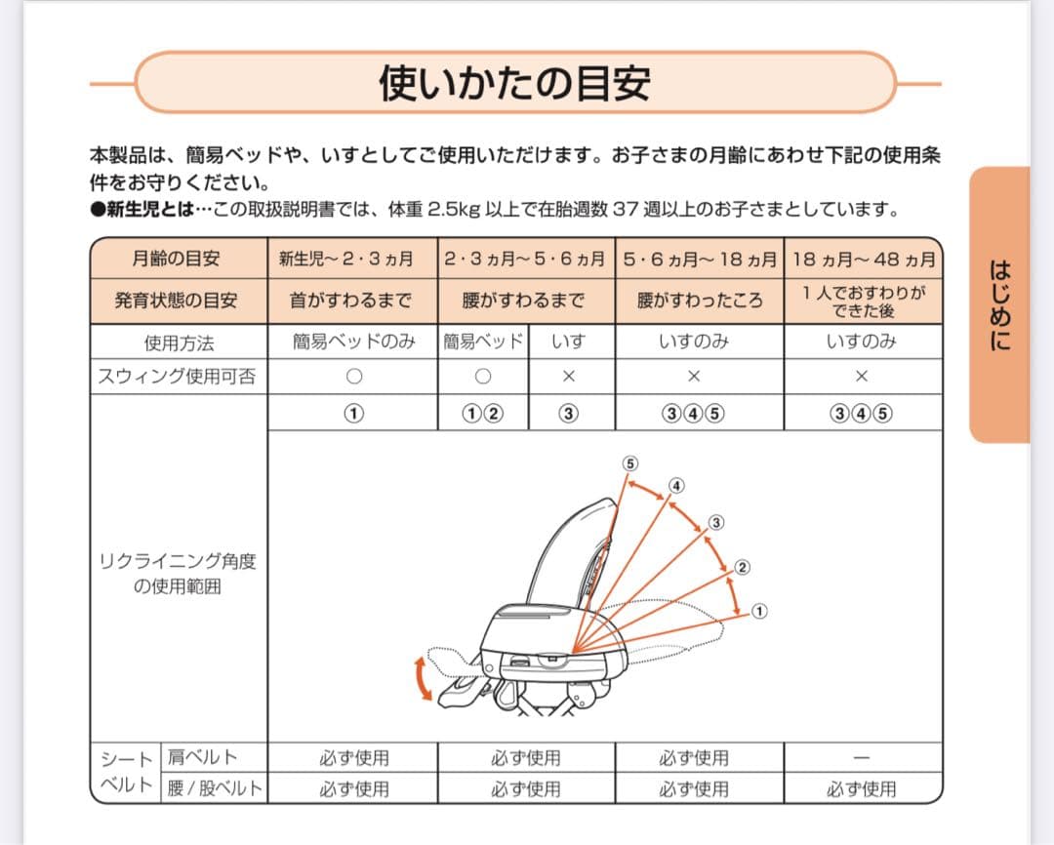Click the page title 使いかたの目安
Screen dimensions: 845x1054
pos(514,83)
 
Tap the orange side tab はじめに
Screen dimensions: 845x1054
pos(999,304)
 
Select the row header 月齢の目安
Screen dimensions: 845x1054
pos(177,260)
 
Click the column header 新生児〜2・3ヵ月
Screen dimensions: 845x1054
pos(352,260)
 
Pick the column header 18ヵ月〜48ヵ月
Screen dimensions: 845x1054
pos(864,260)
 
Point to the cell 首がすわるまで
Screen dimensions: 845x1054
pos(351,301)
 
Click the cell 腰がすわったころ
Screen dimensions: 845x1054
pos(699,301)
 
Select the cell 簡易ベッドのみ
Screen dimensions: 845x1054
pos(353,342)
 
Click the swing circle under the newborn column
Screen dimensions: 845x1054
pos(353,377)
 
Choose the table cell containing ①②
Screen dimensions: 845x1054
pos(482,413)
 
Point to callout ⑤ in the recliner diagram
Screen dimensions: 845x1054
pos(630,463)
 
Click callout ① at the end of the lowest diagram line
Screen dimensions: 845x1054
pos(759,612)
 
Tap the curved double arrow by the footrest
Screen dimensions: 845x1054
pos(423,679)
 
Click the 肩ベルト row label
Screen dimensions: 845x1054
pos(202,757)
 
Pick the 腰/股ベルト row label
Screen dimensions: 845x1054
pos(214,788)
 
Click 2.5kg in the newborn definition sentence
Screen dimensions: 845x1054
pos(455,209)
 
